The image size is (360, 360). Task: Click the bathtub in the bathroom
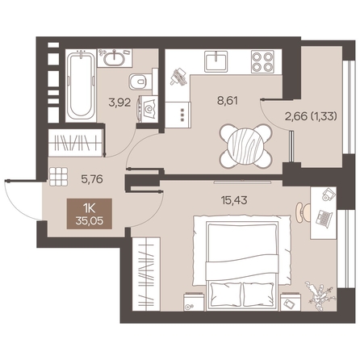pos(81,86)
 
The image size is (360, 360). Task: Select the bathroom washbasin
pos(115,57)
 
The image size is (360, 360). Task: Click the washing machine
pos(148,109)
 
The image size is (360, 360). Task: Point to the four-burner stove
pos(262,61)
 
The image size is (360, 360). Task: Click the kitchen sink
pos(216,61)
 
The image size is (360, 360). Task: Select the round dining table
pos(245,146)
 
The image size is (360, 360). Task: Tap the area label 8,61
pos(228,102)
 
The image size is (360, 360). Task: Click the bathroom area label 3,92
pos(119,103)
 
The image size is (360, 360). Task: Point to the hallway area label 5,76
pos(92,179)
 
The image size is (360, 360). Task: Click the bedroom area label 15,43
pos(234,200)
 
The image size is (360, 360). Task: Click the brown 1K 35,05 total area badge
pos(90,214)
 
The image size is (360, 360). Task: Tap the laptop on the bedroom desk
pos(324,218)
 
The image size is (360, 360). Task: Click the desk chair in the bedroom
pos(301,212)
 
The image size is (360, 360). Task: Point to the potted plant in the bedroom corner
pos(320,295)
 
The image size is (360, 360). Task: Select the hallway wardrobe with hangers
pos(75,143)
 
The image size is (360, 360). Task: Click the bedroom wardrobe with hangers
pos(146,274)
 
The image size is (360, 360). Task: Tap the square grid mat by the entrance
pos(59,177)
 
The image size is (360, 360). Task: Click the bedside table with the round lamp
pos(194,302)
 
